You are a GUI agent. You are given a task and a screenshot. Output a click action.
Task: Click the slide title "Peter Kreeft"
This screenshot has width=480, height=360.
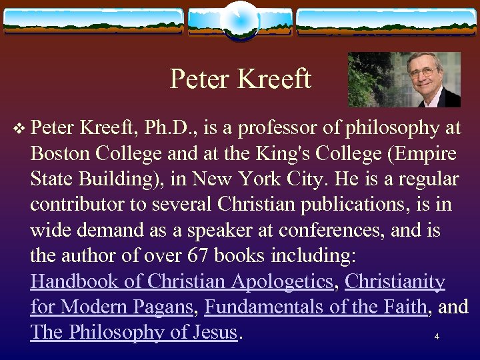coord(240,79)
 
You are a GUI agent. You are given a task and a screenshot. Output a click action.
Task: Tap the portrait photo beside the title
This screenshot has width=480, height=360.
coord(404,79)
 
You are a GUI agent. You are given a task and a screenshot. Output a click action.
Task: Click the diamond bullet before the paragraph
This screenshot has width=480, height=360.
coord(20,129)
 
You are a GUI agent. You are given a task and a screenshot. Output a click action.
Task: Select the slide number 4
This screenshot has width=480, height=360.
coord(437,337)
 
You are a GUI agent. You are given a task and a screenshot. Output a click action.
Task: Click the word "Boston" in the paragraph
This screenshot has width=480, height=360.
coord(60,154)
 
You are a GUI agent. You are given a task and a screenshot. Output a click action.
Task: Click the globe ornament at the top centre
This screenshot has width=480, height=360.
coord(239,20)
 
